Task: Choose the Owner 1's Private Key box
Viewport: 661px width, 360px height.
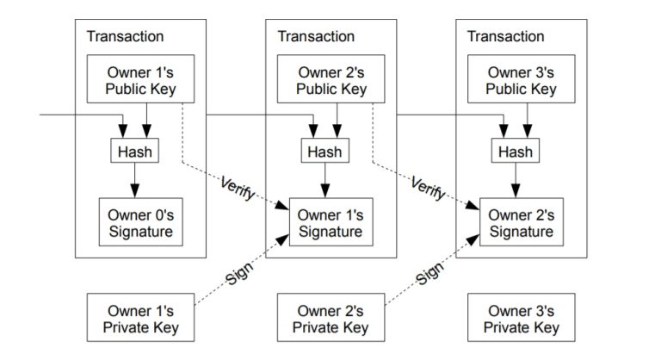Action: [141, 319]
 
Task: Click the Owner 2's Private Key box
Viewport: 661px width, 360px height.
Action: [330, 319]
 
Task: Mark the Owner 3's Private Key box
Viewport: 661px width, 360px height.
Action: [521, 319]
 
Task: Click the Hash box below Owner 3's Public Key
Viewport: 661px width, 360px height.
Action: [514, 151]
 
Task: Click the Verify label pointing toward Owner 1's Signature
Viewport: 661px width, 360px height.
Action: [238, 189]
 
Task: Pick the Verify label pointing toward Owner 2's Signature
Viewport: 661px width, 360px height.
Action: [428, 189]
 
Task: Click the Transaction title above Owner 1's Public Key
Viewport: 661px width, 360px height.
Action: [125, 37]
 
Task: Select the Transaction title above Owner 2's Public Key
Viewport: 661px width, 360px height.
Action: [316, 37]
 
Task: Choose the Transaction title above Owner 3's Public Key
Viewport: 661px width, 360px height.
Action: [505, 37]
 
